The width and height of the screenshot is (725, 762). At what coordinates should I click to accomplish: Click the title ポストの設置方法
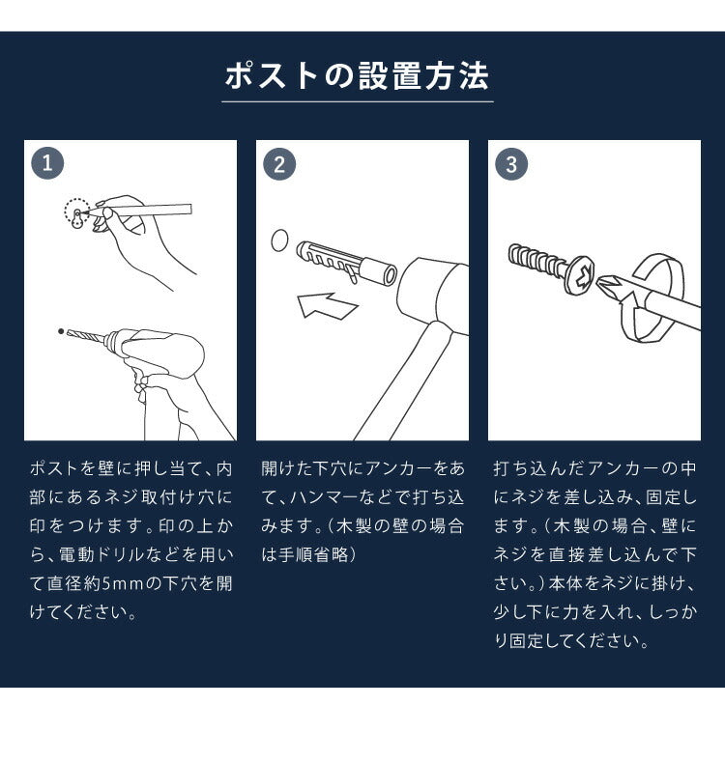tap(357, 76)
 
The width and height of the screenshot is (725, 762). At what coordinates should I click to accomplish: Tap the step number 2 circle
tap(279, 164)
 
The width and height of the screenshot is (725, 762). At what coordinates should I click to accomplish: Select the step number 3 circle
tap(511, 164)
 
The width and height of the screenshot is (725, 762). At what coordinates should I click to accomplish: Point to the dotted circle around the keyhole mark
tap(76, 212)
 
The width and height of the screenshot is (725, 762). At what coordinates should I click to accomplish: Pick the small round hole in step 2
tap(279, 240)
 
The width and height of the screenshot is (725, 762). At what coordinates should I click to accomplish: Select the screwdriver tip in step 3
tap(611, 284)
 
